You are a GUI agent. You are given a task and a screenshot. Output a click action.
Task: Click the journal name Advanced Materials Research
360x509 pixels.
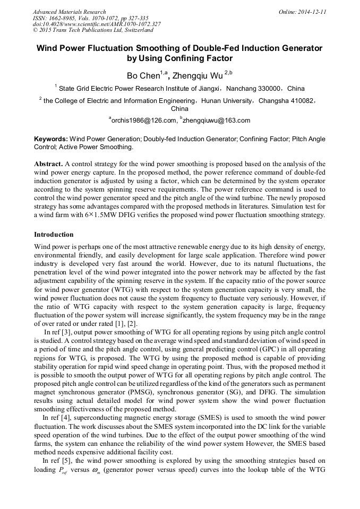tap(69, 12)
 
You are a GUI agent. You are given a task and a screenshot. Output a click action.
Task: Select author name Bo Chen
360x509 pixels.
tap(143, 75)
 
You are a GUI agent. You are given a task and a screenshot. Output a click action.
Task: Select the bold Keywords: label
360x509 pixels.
tap(51, 139)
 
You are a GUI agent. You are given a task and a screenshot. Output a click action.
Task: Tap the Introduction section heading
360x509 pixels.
tap(54, 234)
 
